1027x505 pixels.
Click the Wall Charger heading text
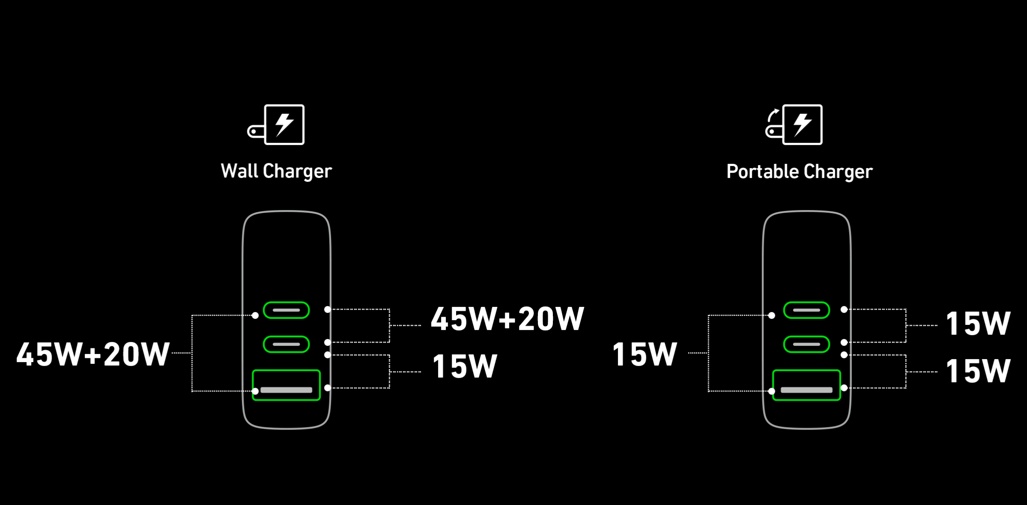[276, 171]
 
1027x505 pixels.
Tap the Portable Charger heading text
[799, 172]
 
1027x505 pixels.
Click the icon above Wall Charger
[276, 125]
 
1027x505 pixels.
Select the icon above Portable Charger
[794, 125]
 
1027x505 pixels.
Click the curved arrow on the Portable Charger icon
[772, 115]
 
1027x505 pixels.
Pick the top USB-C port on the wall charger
[286, 310]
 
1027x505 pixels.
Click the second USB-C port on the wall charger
[286, 344]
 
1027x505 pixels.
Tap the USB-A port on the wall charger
[286, 385]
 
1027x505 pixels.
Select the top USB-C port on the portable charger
[807, 310]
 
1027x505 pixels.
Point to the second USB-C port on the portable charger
[807, 344]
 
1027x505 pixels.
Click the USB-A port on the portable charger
[807, 385]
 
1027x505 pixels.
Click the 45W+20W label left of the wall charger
[93, 354]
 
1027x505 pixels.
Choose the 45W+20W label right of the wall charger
[507, 319]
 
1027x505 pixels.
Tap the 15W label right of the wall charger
[465, 366]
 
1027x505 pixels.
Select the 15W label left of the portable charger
[645, 354]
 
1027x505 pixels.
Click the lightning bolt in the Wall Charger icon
[284, 125]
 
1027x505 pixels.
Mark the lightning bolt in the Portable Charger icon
[802, 125]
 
